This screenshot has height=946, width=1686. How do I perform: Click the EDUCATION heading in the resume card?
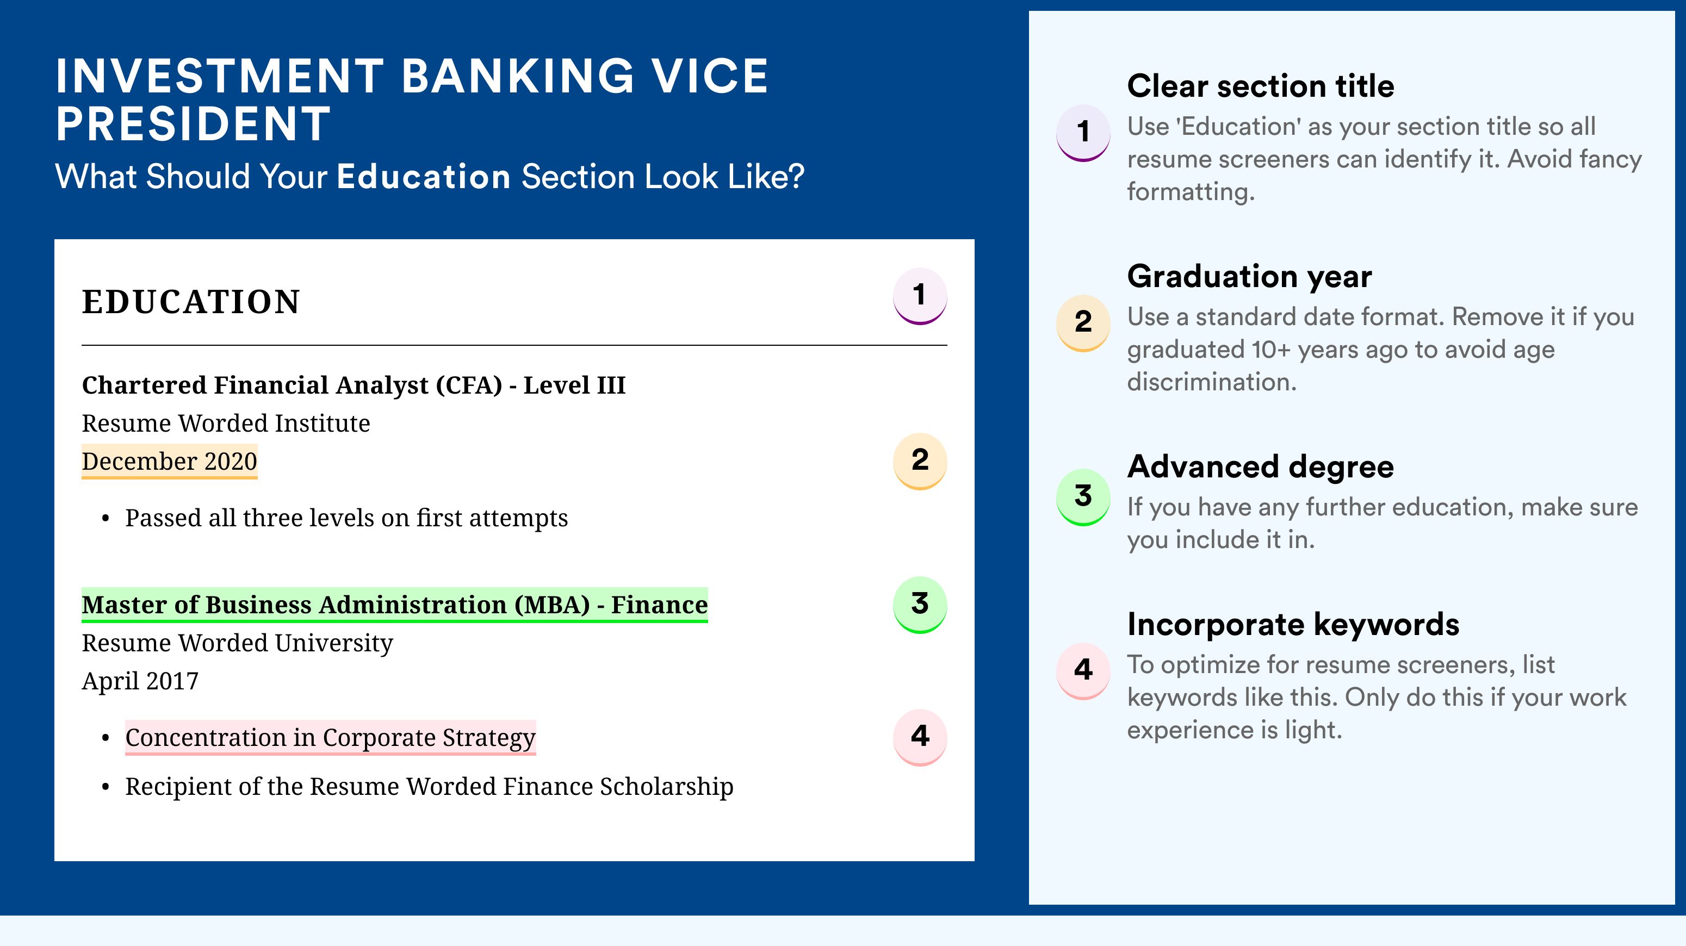(190, 302)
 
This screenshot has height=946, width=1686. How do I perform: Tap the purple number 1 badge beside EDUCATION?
(920, 296)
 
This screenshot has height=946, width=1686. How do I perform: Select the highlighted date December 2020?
(170, 461)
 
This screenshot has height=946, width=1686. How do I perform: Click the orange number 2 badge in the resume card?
(920, 460)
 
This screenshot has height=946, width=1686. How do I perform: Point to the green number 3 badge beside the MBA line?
(920, 605)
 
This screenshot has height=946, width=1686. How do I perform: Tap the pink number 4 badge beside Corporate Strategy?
(920, 737)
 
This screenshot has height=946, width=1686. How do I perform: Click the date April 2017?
(140, 681)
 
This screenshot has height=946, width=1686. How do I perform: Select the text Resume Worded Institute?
(226, 424)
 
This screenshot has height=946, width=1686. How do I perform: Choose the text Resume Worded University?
(238, 643)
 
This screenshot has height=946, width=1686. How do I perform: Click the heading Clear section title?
(1261, 86)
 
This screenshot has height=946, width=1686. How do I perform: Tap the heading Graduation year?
(1249, 276)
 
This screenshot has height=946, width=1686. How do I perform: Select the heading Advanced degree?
(1261, 466)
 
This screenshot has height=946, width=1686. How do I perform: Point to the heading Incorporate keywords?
(1293, 624)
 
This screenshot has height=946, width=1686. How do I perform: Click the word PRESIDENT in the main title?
(194, 123)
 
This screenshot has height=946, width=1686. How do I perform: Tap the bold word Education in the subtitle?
(424, 177)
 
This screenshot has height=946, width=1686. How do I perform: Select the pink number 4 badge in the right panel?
(1083, 670)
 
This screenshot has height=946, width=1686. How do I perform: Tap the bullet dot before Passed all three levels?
(106, 519)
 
